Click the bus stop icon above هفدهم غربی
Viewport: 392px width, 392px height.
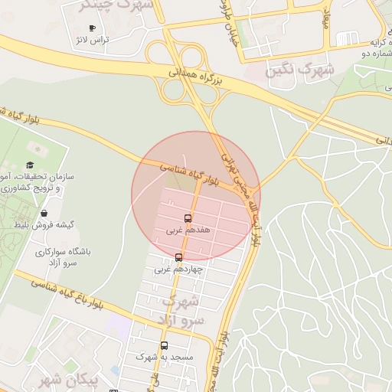[188, 218]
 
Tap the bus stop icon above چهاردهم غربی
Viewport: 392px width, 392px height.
[179, 257]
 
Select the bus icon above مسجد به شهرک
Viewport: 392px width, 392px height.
[164, 345]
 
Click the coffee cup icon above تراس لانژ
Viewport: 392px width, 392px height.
[92, 28]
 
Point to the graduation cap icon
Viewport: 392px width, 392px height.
[30, 165]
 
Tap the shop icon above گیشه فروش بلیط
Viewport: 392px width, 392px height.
[44, 213]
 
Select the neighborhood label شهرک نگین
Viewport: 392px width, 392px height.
[300, 71]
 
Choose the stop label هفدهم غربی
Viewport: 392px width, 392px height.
[188, 230]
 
